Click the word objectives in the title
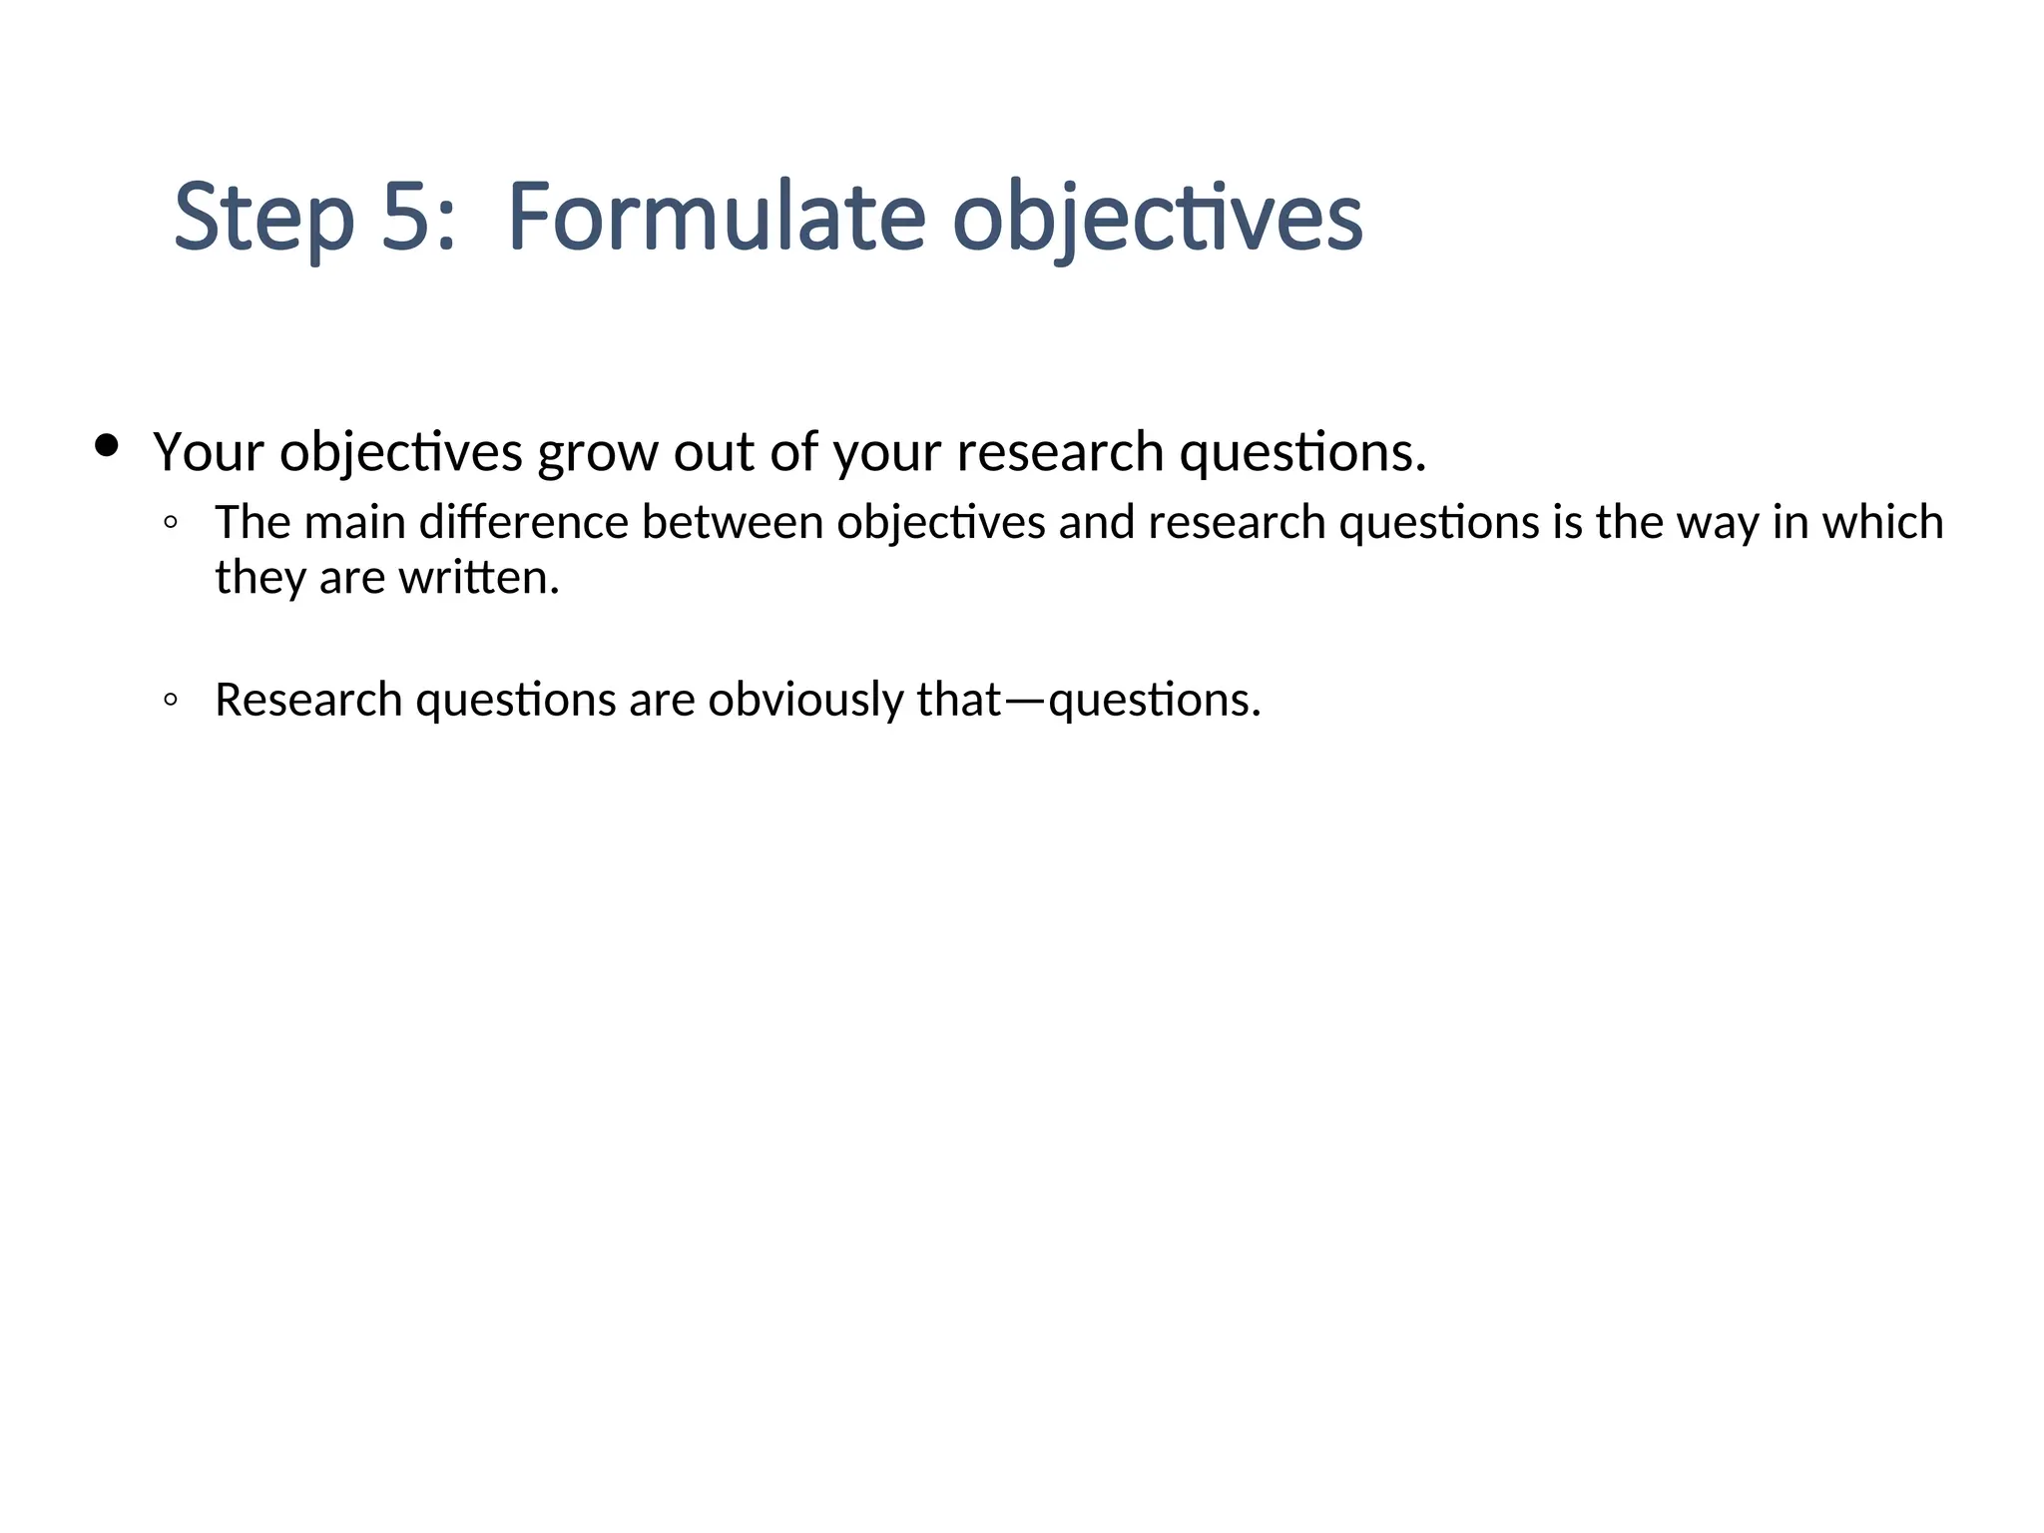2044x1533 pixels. tap(1158, 218)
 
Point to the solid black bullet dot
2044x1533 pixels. tap(106, 445)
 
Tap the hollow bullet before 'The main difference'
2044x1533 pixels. tap(171, 522)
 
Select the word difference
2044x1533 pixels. tap(523, 522)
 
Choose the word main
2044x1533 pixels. tap(354, 522)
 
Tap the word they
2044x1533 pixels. tap(260, 579)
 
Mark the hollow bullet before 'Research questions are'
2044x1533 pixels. tap(171, 700)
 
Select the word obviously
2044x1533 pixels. tap(805, 700)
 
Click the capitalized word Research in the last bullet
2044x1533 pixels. tap(308, 700)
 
